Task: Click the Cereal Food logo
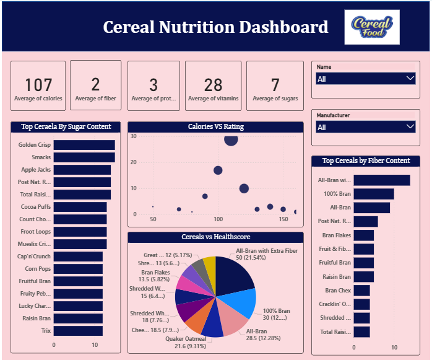[x=371, y=27]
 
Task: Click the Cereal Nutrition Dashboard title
[x=215, y=27]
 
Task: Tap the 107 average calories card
[x=38, y=86]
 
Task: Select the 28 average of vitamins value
[x=213, y=85]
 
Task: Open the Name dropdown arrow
[x=409, y=79]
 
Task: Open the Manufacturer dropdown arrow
[x=409, y=127]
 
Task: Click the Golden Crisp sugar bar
[x=84, y=145]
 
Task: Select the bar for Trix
[x=78, y=331]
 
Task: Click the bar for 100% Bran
[x=374, y=194]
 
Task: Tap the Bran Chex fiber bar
[x=361, y=290]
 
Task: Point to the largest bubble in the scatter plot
[x=231, y=139]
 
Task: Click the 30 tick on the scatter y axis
[x=134, y=136]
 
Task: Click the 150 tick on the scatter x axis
[x=283, y=219]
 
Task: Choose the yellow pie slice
[x=210, y=268]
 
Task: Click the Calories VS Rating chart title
[x=215, y=126]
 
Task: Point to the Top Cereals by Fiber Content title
[x=366, y=160]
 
